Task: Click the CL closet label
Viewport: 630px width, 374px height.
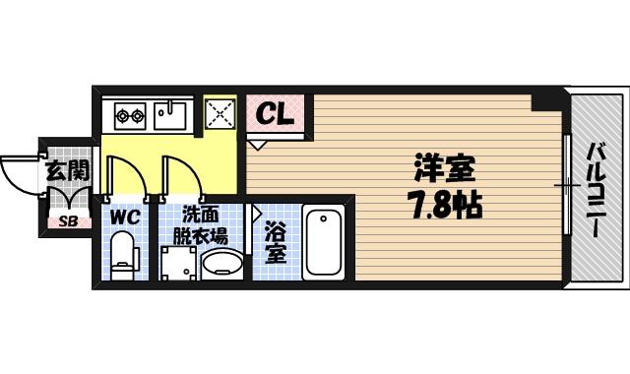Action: tap(276, 115)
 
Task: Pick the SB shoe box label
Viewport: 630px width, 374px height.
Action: tap(69, 220)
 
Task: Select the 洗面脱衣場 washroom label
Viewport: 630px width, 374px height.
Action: tap(200, 224)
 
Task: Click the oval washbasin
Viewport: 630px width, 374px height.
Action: tap(221, 265)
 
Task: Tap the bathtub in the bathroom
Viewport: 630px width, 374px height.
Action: tap(323, 243)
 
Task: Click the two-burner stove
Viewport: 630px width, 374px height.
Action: tap(131, 116)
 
